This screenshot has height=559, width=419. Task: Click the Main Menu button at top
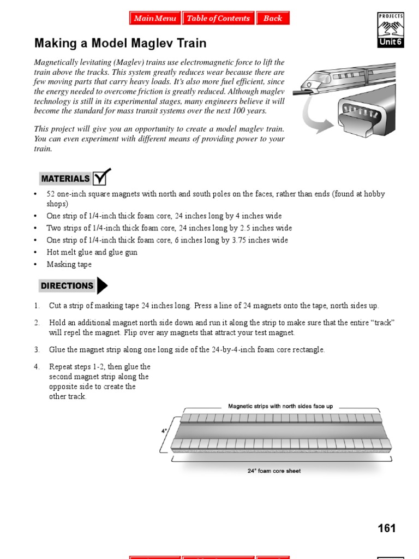155,18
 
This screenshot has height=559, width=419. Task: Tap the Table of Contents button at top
218,18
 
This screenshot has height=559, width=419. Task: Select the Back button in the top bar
272,18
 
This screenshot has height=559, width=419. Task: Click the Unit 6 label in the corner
390,43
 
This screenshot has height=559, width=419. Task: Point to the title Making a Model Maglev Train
121,43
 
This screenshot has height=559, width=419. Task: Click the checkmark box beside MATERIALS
101,177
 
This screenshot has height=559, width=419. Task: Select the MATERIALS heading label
65,179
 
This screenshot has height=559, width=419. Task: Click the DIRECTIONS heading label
67,286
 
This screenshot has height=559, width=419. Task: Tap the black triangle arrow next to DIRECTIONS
102,286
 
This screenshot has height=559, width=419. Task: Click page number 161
386,528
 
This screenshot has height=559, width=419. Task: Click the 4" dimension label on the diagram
164,431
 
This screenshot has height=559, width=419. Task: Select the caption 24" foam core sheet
274,471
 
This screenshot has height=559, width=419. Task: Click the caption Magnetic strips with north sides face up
280,406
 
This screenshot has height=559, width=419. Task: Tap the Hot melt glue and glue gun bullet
92,252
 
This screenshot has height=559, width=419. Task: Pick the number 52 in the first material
51,194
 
